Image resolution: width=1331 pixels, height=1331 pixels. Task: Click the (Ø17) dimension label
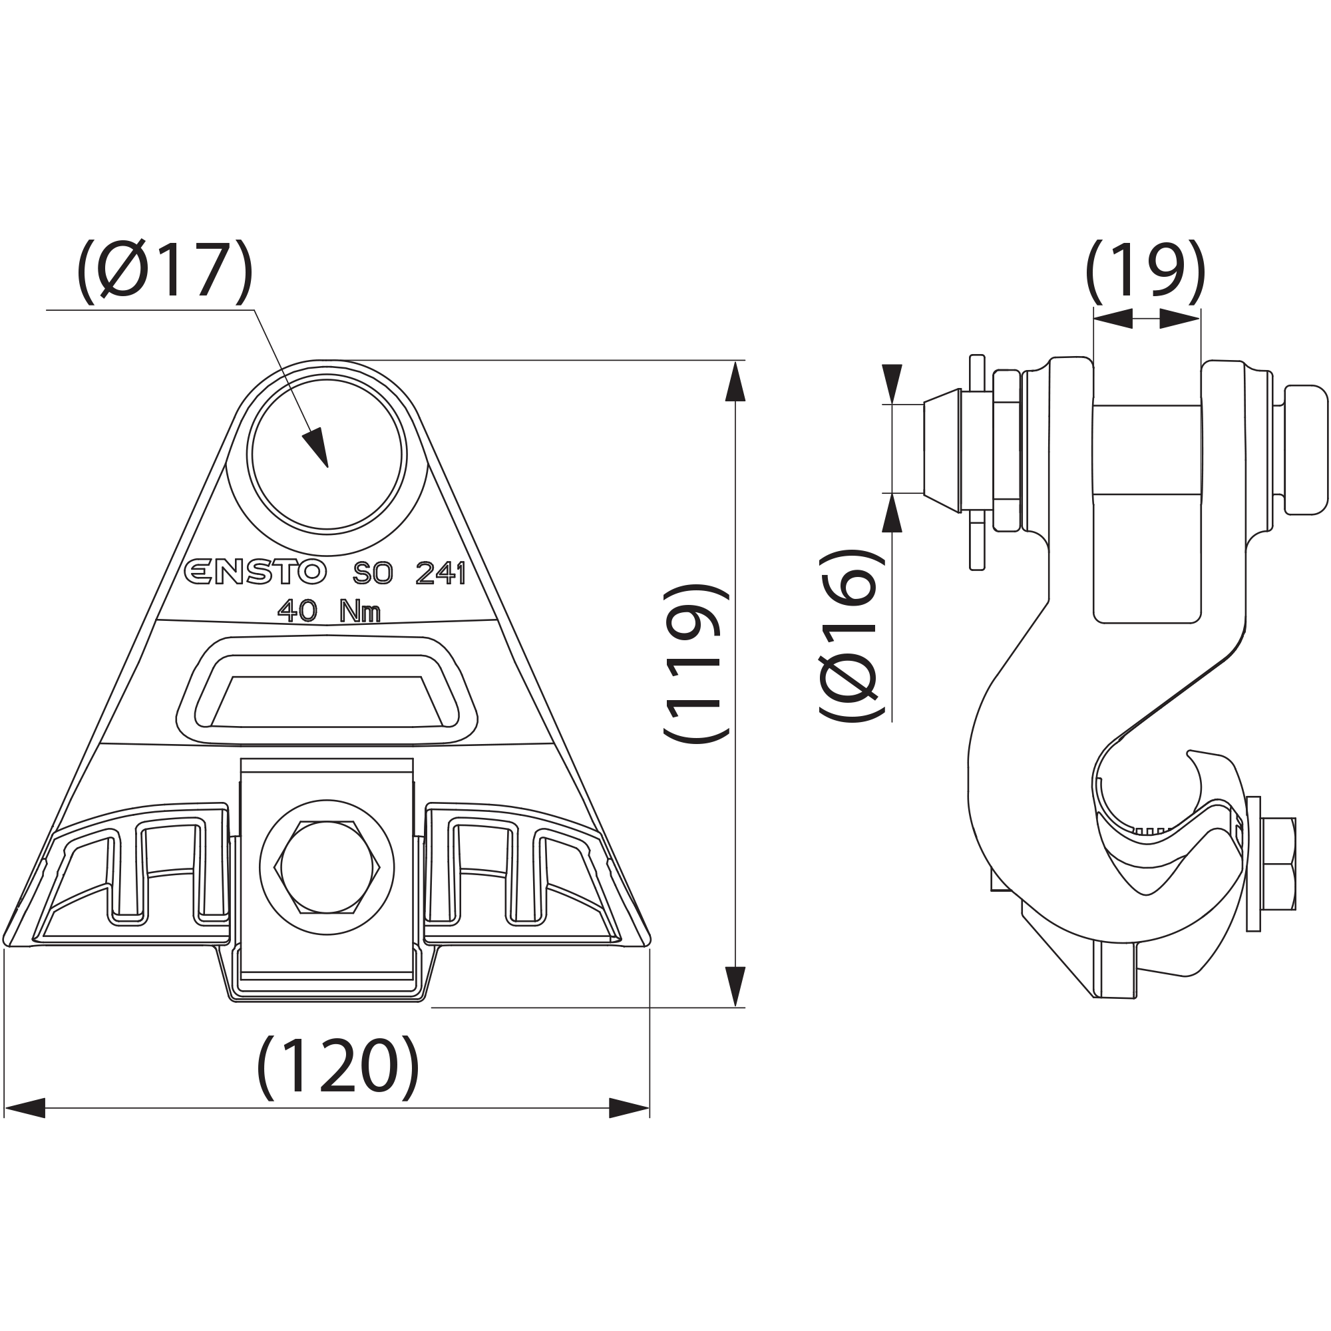[x=164, y=272]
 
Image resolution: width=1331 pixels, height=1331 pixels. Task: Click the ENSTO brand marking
[x=255, y=572]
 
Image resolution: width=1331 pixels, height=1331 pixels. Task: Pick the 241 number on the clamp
[x=441, y=572]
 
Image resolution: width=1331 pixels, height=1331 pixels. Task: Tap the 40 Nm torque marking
[x=329, y=610]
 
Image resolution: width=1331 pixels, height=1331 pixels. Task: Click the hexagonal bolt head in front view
[x=327, y=866]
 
